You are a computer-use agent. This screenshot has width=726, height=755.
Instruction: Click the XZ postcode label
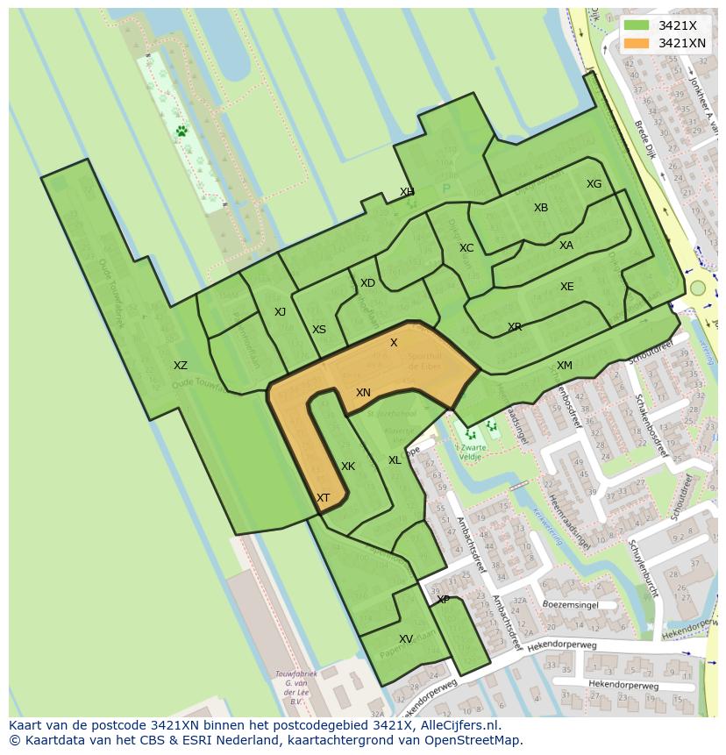[180, 366]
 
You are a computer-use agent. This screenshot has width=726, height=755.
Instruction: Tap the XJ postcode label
[280, 312]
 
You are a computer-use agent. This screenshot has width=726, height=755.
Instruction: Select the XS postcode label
[319, 330]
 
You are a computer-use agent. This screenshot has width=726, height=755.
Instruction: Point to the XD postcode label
[367, 283]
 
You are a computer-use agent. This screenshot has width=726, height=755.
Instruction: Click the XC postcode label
[466, 248]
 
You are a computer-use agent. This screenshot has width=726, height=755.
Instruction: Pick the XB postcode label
[541, 208]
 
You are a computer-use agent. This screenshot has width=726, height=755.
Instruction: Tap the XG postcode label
[594, 184]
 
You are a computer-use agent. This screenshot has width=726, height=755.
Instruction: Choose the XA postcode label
[566, 246]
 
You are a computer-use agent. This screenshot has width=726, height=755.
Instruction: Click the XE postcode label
[567, 287]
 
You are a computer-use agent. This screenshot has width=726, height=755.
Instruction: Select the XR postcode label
[515, 327]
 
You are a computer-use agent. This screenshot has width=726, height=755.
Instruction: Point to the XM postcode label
[565, 366]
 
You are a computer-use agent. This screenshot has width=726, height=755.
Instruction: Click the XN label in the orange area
[363, 393]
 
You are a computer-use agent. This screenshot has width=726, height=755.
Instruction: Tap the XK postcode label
[348, 467]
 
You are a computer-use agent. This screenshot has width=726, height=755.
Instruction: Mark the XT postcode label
[324, 498]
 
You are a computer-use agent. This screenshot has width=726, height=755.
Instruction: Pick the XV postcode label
[406, 639]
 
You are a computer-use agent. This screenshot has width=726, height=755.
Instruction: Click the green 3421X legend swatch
[637, 25]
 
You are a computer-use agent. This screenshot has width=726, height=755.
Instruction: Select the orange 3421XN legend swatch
[637, 43]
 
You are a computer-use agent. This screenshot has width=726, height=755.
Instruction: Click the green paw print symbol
[181, 131]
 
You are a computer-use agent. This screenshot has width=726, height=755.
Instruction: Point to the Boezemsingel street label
[570, 604]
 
